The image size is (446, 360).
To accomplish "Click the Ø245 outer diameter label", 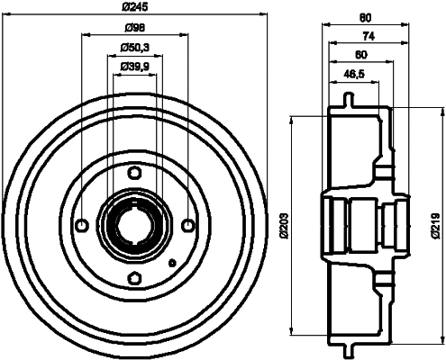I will (134, 8).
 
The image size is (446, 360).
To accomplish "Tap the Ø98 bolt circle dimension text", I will (134, 29).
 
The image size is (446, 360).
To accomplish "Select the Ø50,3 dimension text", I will (134, 48).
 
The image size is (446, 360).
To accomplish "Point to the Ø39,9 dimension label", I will (134, 66).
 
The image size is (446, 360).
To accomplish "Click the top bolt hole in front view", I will (134, 172).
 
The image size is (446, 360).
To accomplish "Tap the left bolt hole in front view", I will (82, 224).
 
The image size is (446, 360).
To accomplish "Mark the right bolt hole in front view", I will (187, 224).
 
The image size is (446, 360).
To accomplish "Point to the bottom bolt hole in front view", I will (134, 276).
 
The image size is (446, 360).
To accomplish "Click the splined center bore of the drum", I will (134, 224).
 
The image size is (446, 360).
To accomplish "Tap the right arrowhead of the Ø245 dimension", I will (264, 14).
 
